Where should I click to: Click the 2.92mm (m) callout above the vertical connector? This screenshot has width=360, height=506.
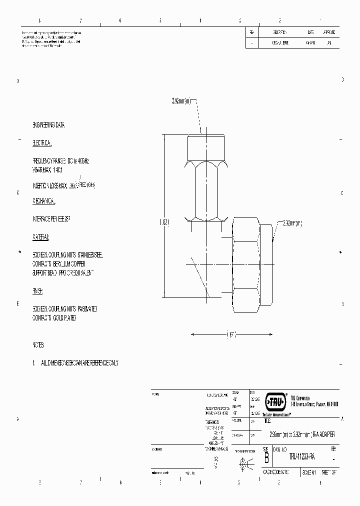point(181,101)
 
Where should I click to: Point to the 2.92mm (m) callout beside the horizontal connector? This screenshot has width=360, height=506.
point(292,223)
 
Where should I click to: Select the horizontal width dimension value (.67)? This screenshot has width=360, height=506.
point(231,334)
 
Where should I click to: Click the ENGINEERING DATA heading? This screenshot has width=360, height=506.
point(48,124)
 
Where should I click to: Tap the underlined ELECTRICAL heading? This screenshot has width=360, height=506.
point(42,143)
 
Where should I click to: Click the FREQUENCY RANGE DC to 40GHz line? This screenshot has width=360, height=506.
point(60,161)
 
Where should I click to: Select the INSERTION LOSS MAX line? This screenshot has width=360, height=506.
point(63,185)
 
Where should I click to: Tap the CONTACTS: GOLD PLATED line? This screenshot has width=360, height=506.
point(54,318)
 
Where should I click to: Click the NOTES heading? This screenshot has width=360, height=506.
point(38,345)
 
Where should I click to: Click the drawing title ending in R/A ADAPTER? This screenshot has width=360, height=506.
point(302,434)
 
